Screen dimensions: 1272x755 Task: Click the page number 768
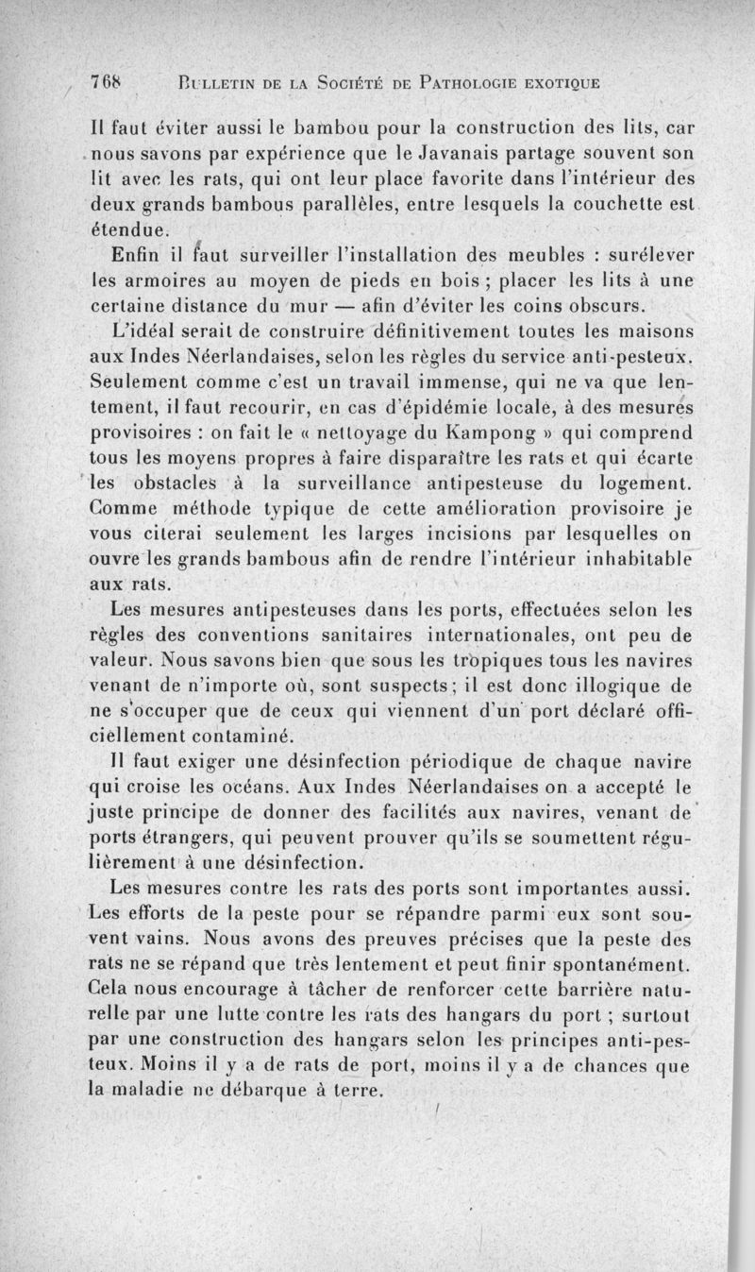click(106, 82)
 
